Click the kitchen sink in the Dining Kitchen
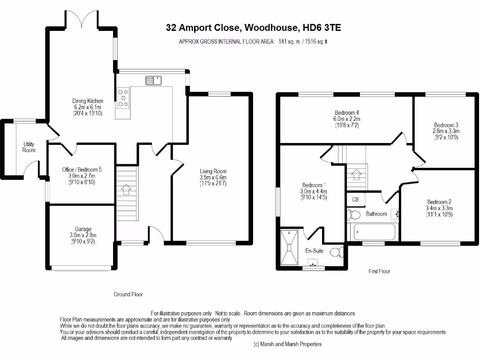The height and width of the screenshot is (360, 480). coord(153,81)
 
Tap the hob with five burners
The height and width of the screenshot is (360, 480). coord(123,98)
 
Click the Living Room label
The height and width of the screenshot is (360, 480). coord(213,171)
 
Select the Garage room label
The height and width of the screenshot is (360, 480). coord(83,229)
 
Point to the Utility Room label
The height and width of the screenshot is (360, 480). coord(29,147)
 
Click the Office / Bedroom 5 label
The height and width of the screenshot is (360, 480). coord(82,170)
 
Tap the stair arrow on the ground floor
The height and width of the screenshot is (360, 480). coord(126,189)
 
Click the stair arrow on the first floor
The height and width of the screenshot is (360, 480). coord(356,174)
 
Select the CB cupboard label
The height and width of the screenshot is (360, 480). coord(355,199)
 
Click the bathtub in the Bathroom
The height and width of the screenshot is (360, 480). coord(375,232)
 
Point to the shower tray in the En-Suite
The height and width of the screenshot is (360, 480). coord(289,247)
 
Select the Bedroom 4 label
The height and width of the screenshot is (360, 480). coord(346,112)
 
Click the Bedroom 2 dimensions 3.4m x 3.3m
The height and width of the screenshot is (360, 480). coord(439,208)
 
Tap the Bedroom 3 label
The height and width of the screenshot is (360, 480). coord(446,125)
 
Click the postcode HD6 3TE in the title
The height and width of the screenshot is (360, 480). coord(322,28)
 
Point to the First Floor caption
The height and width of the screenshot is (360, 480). coord(379,271)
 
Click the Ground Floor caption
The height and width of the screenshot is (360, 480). coord(128,294)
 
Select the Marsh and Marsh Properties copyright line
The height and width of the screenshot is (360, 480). coord(288,344)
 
